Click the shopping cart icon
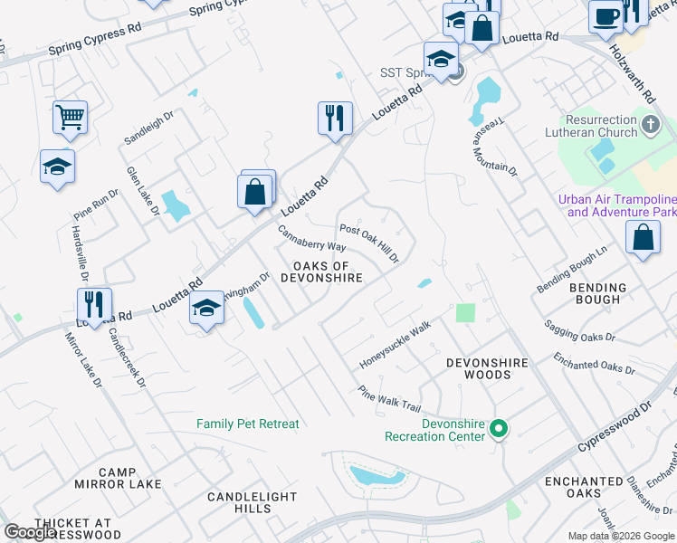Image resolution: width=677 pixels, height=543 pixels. click(70, 117)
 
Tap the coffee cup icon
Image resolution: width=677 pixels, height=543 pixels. click(605, 16)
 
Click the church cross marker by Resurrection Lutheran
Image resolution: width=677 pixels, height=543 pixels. click(650, 126)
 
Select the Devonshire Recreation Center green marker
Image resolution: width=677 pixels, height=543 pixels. click(498, 429)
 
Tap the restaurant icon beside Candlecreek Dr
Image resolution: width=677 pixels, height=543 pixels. click(93, 304)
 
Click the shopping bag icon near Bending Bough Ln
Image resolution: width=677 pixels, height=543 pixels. click(642, 238)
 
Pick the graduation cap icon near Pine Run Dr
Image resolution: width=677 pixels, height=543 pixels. click(57, 167)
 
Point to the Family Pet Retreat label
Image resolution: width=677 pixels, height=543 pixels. click(247, 424)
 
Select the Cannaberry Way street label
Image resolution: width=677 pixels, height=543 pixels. click(311, 239)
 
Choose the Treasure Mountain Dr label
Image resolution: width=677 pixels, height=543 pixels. click(493, 149)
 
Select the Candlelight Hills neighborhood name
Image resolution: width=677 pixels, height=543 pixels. click(252, 503)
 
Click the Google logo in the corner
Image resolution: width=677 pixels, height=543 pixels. click(30, 532)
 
